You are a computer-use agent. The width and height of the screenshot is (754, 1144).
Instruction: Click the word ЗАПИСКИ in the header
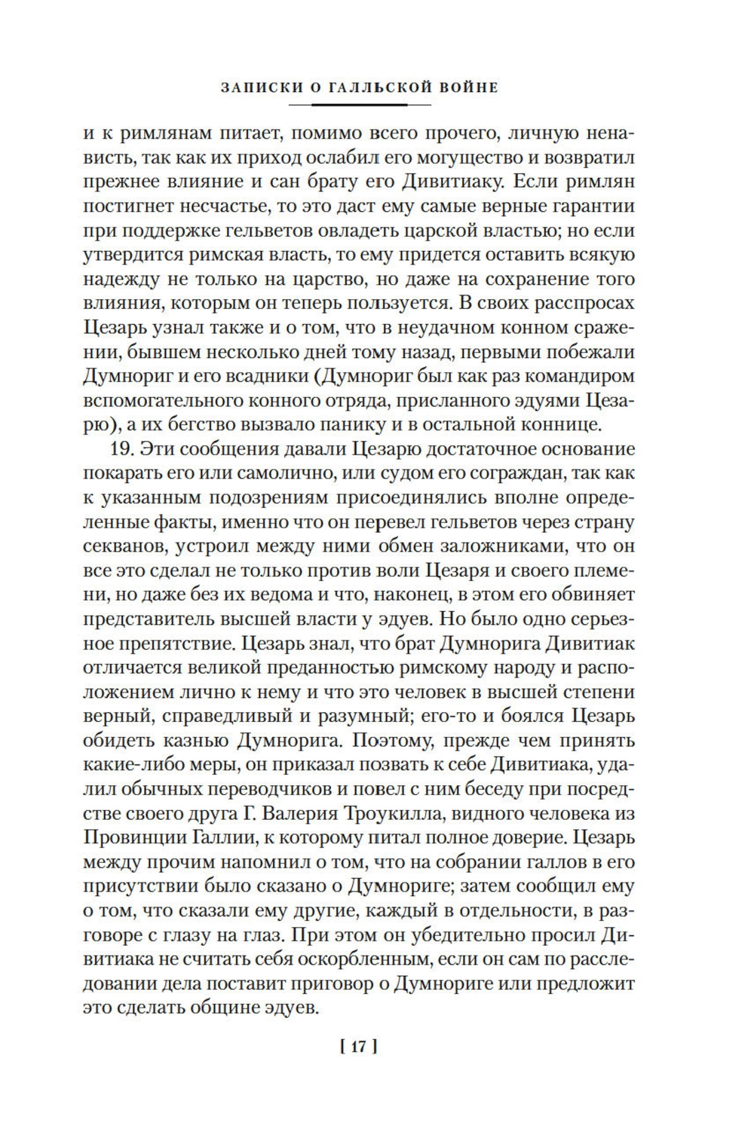[x=261, y=87]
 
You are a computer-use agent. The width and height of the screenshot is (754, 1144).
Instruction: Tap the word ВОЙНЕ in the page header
[x=470, y=87]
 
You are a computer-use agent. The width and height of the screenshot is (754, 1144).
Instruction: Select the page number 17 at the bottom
[x=359, y=1046]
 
